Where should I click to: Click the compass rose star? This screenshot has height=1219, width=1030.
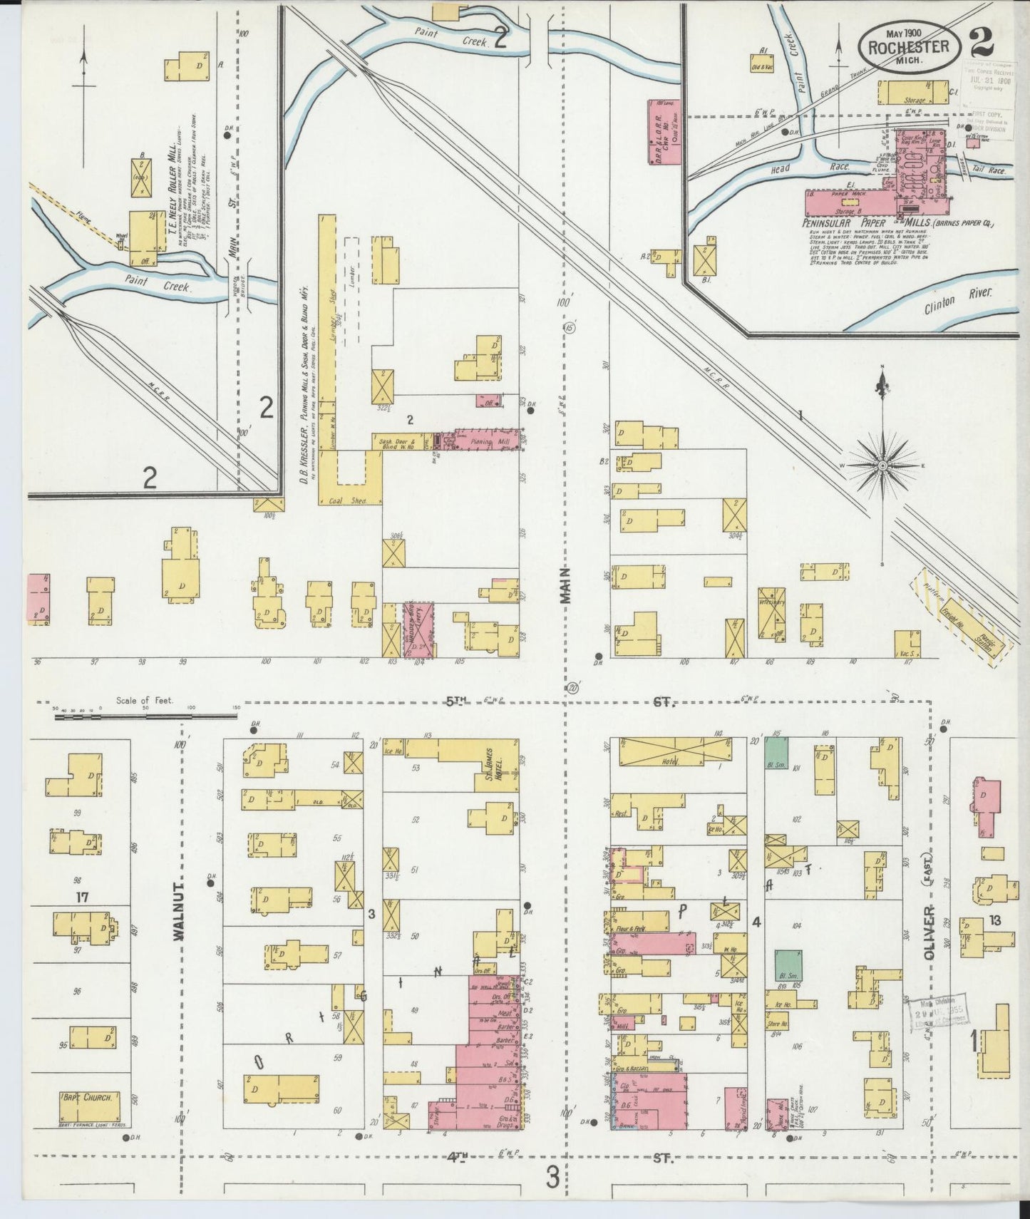point(882,465)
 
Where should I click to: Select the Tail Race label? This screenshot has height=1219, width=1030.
point(989,172)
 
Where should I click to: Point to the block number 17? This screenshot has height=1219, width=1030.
point(82,897)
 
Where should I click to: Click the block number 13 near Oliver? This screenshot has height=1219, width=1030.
point(994,921)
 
